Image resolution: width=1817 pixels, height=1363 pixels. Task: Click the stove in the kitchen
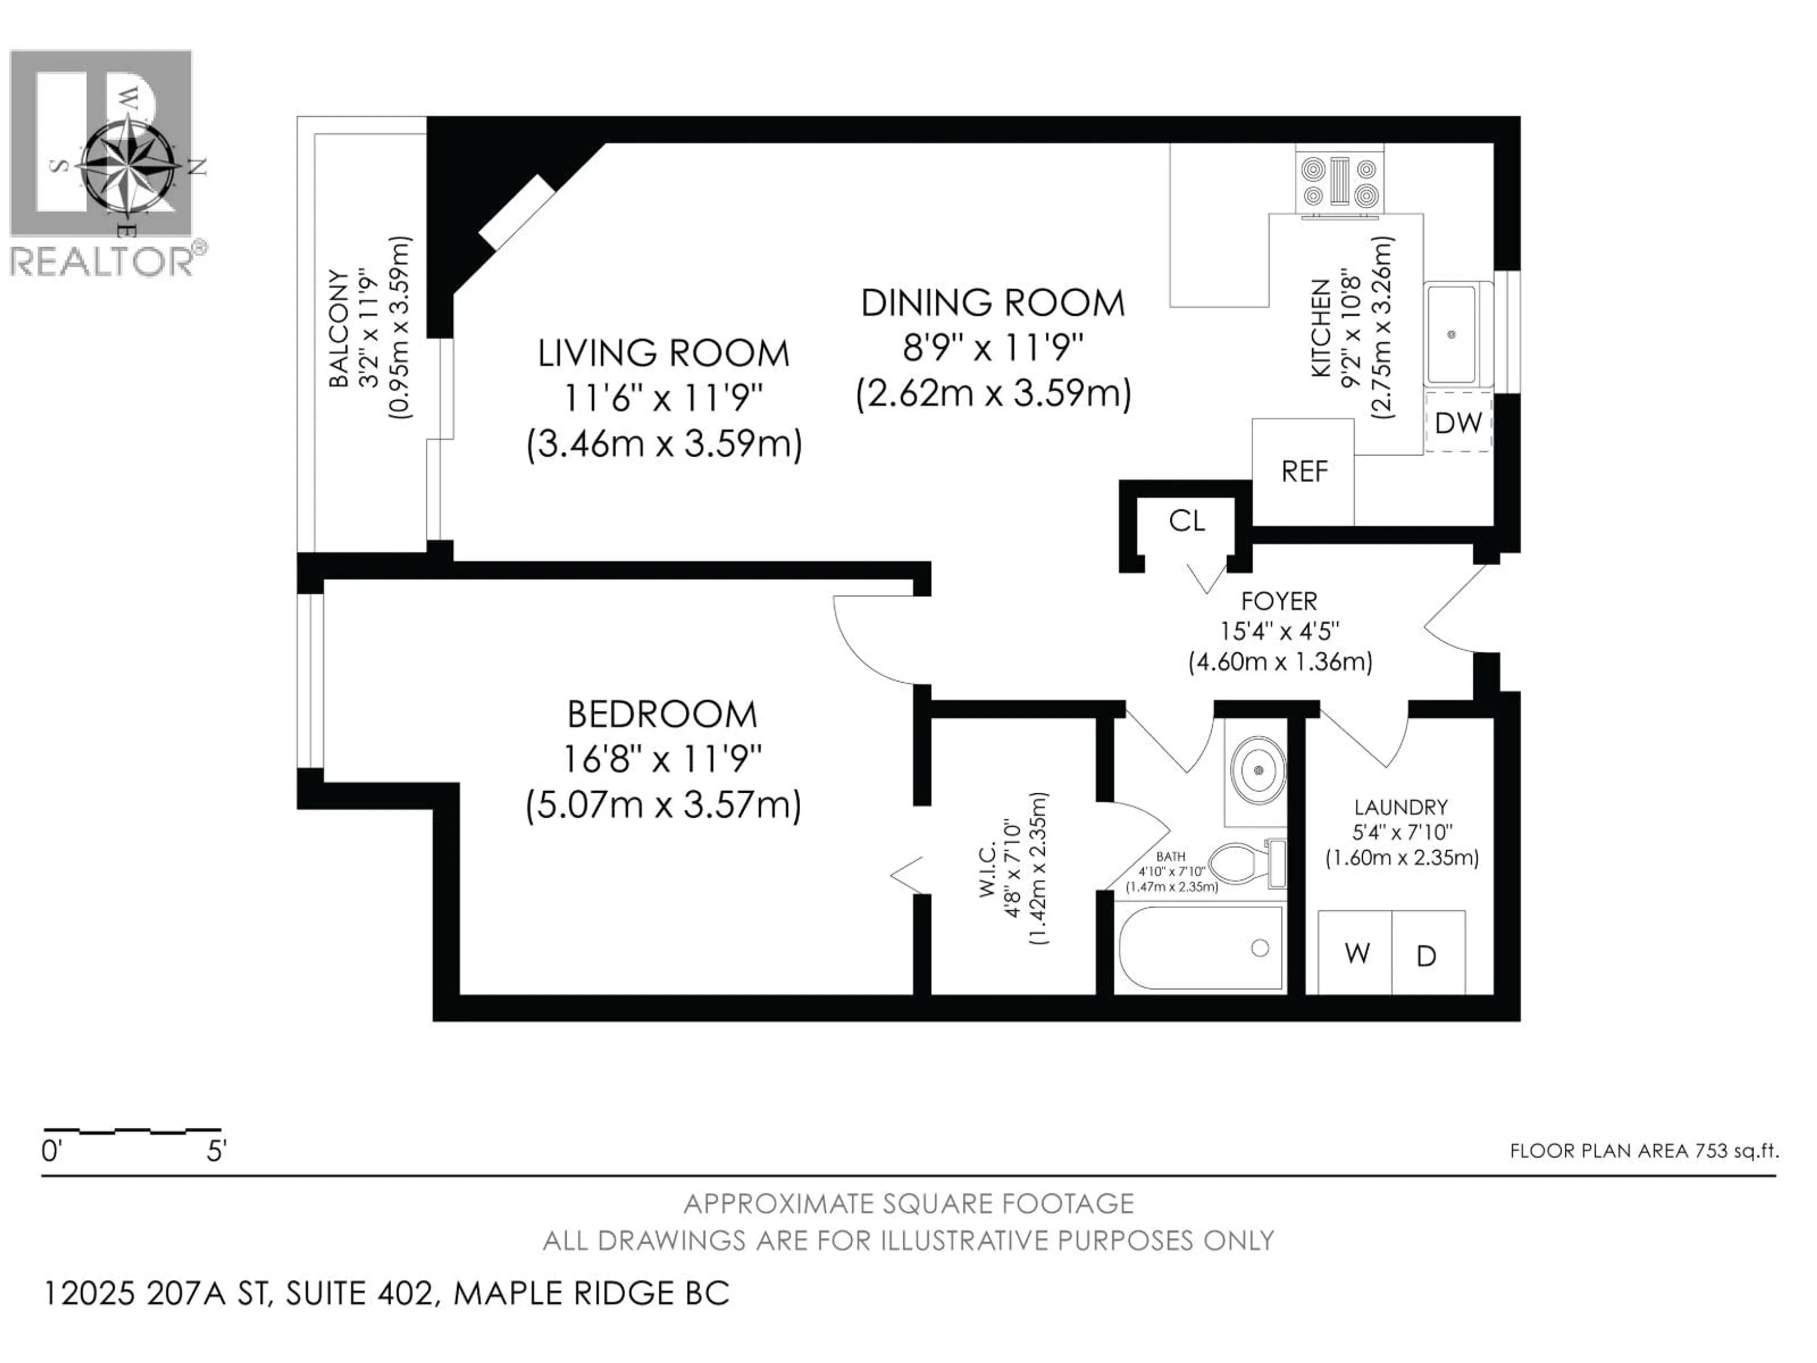pyautogui.click(x=1339, y=182)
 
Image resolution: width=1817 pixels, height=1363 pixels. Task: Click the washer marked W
pyautogui.click(x=1356, y=953)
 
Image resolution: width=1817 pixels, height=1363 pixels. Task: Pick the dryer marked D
pyautogui.click(x=1427, y=955)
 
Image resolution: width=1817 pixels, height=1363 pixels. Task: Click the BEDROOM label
pyautogui.click(x=662, y=714)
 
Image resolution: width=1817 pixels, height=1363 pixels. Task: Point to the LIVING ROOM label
pyautogui.click(x=663, y=353)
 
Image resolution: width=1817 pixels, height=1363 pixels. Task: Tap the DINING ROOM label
pyautogui.click(x=992, y=303)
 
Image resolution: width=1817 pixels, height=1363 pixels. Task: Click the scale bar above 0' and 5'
pyautogui.click(x=132, y=1131)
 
